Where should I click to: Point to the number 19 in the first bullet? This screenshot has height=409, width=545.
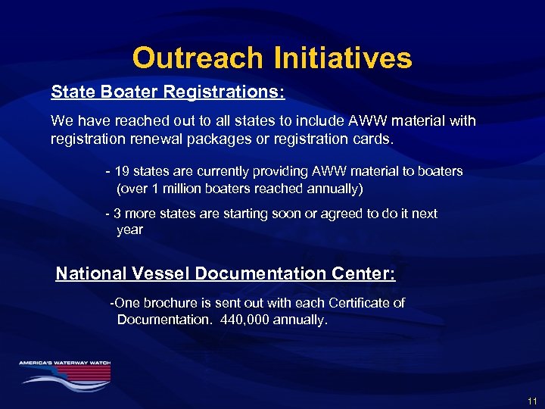pyautogui.click(x=123, y=172)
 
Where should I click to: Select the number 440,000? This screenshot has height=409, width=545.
pyautogui.click(x=249, y=320)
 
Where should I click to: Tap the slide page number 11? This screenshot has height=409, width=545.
pyautogui.click(x=532, y=400)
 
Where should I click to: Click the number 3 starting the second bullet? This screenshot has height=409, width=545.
pyautogui.click(x=117, y=214)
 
